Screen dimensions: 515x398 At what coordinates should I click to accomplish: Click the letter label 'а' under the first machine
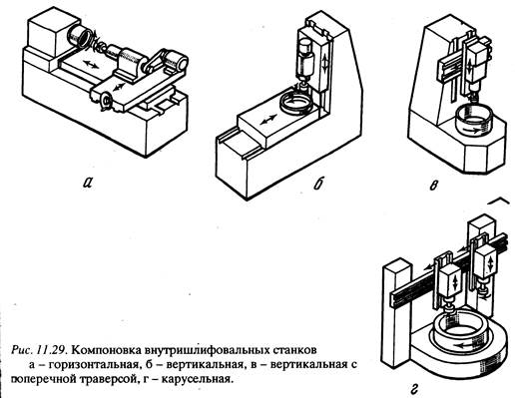pos(87,183)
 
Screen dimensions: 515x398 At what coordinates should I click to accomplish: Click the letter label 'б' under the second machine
pos(318,183)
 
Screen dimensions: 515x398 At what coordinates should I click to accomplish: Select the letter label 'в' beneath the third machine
pos(433,186)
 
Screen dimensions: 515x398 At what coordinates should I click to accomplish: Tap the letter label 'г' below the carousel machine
pos(414,388)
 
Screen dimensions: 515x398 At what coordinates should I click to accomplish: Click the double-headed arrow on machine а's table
pos(91,64)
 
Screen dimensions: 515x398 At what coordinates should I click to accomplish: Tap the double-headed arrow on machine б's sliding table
pos(268,120)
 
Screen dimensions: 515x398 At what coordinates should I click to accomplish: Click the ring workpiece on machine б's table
pos(296,104)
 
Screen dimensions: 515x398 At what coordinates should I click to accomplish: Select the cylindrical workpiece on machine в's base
pos(473,123)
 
